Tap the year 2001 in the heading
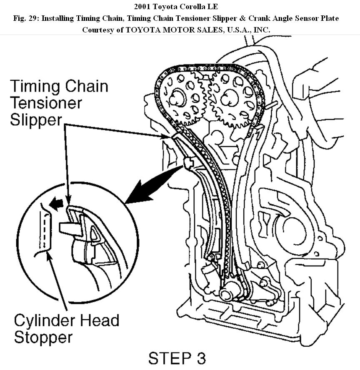pos(142,7)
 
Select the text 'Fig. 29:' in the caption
pos(26,18)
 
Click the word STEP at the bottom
pos(168,358)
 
